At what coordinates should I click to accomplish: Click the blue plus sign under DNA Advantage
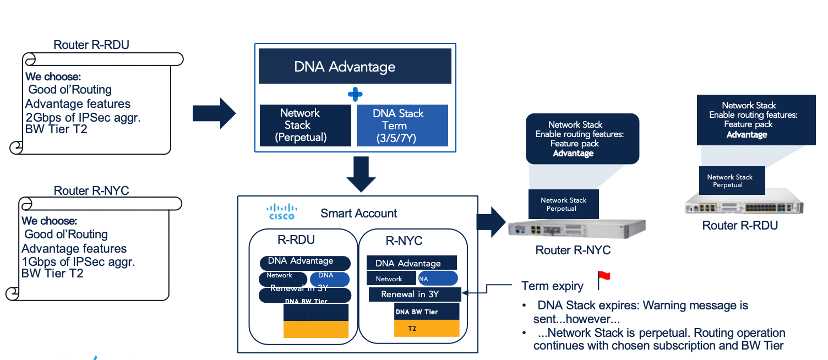pyautogui.click(x=355, y=94)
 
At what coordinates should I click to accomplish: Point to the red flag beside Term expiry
pyautogui.click(x=604, y=280)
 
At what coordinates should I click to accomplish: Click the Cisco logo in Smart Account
pyautogui.click(x=282, y=212)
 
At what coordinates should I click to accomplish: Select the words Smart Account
pyautogui.click(x=358, y=214)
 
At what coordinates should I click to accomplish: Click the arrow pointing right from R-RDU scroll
pyautogui.click(x=214, y=113)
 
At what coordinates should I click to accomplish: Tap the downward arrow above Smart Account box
pyautogui.click(x=361, y=174)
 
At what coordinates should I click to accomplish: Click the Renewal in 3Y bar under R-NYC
pyautogui.click(x=415, y=294)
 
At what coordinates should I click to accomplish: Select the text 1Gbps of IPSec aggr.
pyautogui.click(x=78, y=261)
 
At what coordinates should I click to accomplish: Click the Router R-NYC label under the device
pyautogui.click(x=573, y=250)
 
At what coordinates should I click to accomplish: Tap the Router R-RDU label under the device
pyautogui.click(x=739, y=226)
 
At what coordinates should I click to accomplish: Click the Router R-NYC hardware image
pyautogui.click(x=576, y=227)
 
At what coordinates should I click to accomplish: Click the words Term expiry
pyautogui.click(x=552, y=286)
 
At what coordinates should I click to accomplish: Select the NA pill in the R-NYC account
pyautogui.click(x=438, y=279)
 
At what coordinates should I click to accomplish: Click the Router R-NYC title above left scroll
pyautogui.click(x=91, y=191)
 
